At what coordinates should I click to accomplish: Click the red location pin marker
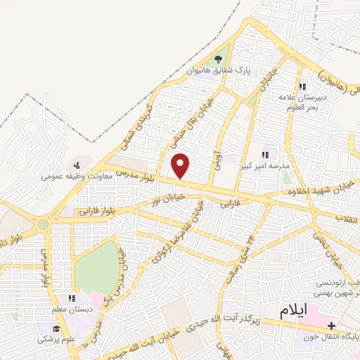(181, 165)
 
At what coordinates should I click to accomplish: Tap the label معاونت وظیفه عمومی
(74, 169)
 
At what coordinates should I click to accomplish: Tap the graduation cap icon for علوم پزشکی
(55, 328)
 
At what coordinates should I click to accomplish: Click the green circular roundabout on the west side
(44, 224)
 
